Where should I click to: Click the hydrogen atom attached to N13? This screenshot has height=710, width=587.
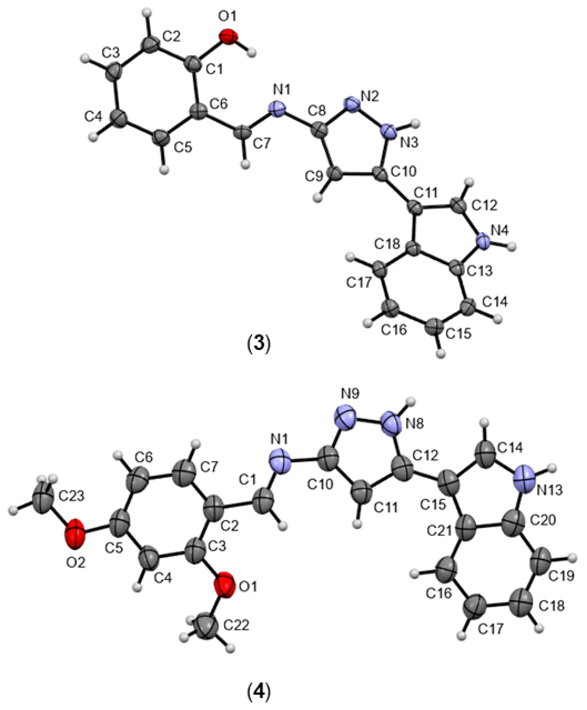point(552,468)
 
